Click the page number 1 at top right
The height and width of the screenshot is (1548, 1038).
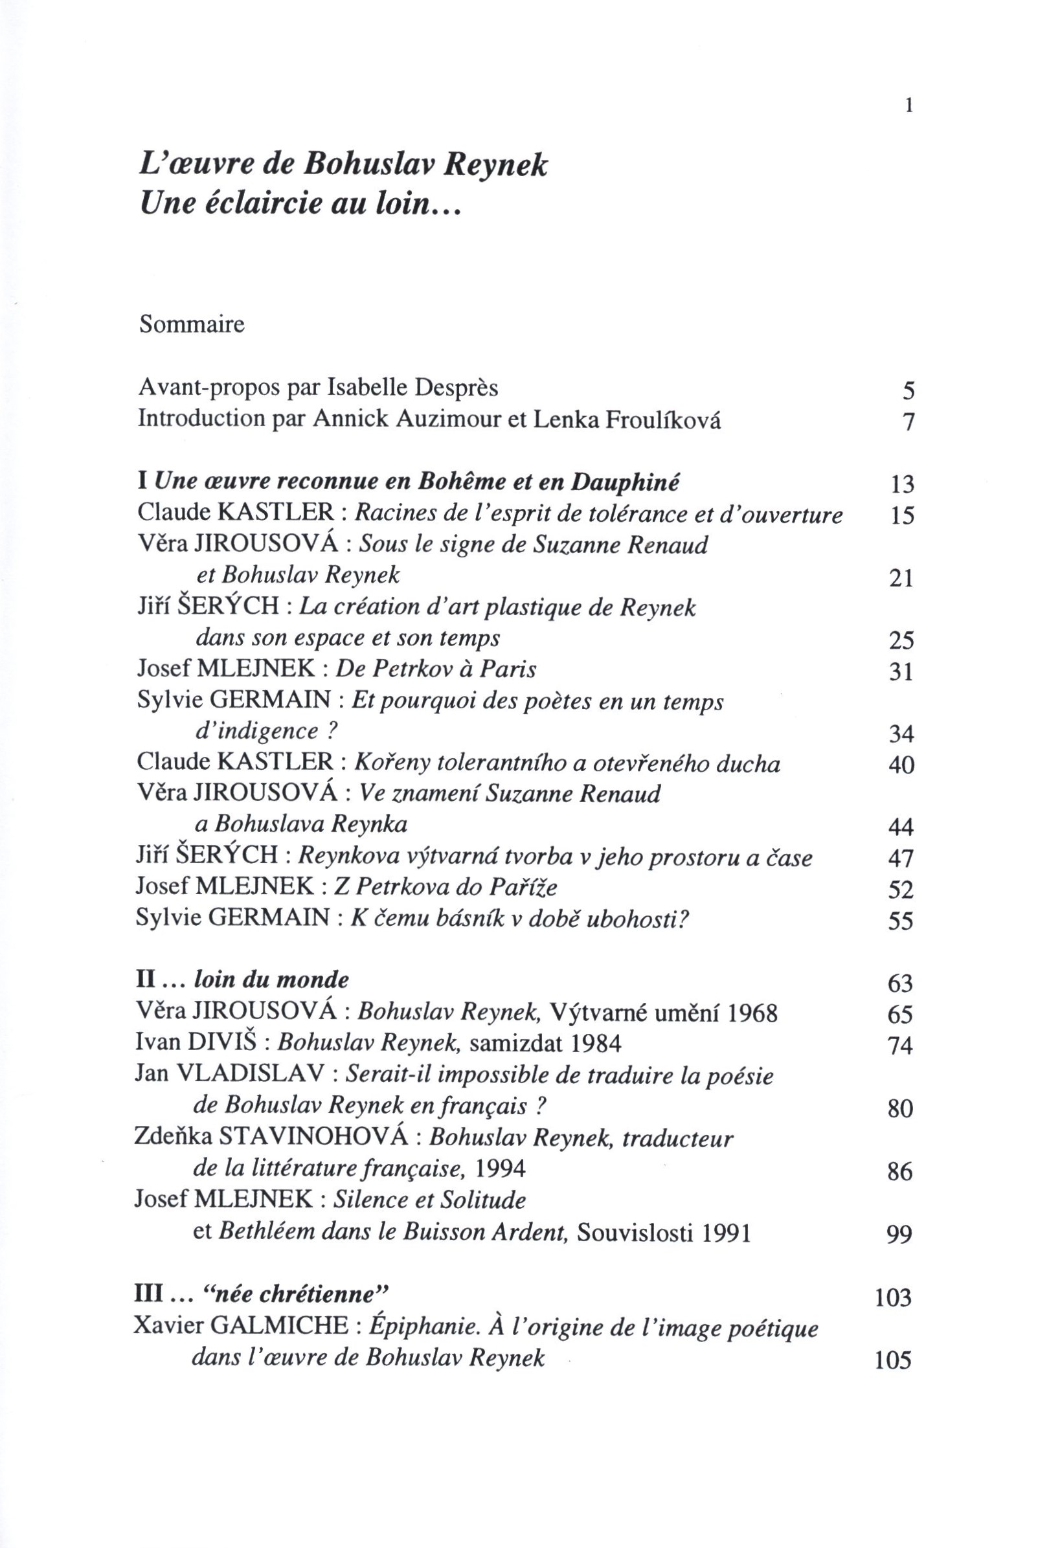909,106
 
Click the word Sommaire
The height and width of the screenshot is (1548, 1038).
191,325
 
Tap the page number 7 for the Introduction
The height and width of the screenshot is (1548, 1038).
908,421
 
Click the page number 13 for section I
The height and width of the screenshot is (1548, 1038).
901,484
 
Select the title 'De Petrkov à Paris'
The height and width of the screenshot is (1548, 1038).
436,669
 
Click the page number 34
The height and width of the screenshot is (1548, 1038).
901,734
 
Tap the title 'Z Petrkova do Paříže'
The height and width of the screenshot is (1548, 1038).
449,886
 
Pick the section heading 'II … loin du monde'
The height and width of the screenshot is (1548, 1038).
242,979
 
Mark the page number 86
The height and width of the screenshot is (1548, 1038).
900,1172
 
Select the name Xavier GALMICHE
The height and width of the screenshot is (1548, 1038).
240,1327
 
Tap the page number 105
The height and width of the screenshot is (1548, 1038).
893,1360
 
